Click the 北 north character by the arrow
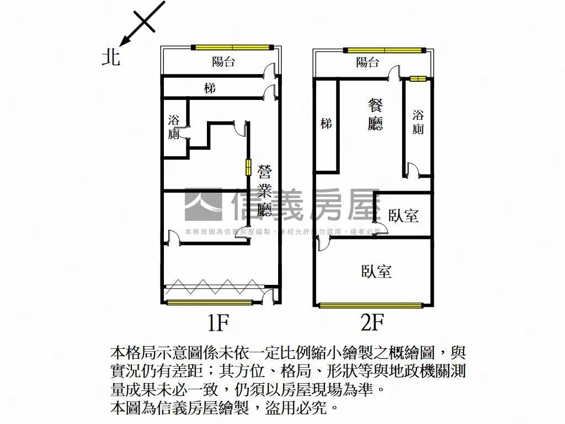pyautogui.click(x=110, y=57)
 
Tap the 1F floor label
pyautogui.click(x=218, y=322)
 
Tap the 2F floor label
pyautogui.click(x=372, y=322)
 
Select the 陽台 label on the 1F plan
pyautogui.click(x=223, y=62)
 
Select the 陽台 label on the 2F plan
pyautogui.click(x=367, y=62)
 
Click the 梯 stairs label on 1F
pyautogui.click(x=210, y=88)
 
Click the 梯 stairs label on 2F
pyautogui.click(x=327, y=124)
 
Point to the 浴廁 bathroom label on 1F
pyautogui.click(x=174, y=127)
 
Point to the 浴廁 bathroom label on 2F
pyautogui.click(x=418, y=122)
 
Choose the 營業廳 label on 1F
pyautogui.click(x=264, y=190)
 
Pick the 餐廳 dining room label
pyautogui.click(x=375, y=114)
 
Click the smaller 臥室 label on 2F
pyautogui.click(x=403, y=215)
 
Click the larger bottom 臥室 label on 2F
pyautogui.click(x=376, y=271)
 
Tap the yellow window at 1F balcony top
pyautogui.click(x=232, y=47)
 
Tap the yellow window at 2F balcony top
pyautogui.click(x=385, y=50)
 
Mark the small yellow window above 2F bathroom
pyautogui.click(x=418, y=78)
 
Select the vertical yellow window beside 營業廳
pyautogui.click(x=248, y=167)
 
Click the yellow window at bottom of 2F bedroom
pyautogui.click(x=371, y=306)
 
